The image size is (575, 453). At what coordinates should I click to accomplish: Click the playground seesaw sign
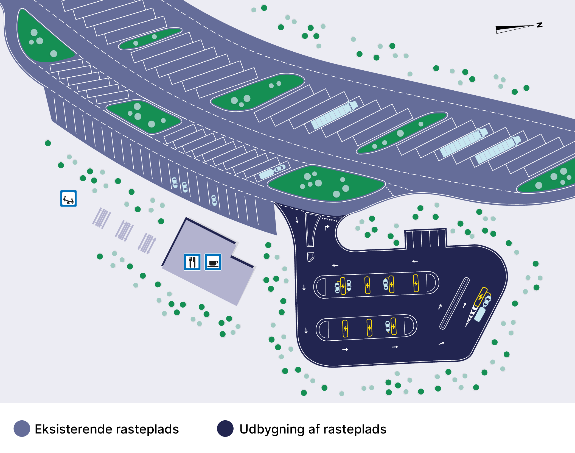coord(68,198)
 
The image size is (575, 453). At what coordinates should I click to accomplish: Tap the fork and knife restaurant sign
coord(192,262)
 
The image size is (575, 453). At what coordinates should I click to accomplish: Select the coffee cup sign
coord(213,262)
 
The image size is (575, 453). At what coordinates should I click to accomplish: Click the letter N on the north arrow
coord(539,25)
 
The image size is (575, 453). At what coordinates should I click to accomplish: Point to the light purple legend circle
coord(22,428)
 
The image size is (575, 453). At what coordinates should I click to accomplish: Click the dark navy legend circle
coord(225,428)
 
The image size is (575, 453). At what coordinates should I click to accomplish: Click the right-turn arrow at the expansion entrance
coord(327,227)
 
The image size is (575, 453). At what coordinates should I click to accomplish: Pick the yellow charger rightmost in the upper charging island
coord(416,283)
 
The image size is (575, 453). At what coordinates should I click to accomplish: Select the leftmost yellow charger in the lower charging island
coord(345,329)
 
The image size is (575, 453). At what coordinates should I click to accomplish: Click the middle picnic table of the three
coord(124,231)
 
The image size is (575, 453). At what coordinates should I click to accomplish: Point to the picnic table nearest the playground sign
coord(102,218)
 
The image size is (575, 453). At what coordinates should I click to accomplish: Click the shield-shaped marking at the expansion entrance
coord(310,257)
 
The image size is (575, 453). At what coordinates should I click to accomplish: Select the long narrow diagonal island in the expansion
coord(455,303)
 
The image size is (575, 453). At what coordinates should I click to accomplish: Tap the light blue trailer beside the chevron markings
coord(480,314)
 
